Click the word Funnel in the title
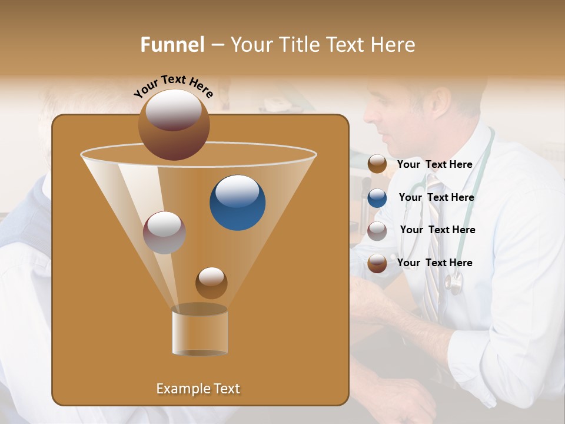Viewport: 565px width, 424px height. coord(172,45)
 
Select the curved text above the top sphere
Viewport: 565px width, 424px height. coord(174,85)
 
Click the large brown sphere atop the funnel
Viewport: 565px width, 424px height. coord(174,124)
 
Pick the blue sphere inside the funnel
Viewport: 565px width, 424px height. coord(237,202)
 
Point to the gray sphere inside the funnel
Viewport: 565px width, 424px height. coord(164,232)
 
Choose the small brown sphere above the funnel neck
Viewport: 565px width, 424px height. coord(211,283)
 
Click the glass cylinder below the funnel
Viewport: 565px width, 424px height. coord(200,330)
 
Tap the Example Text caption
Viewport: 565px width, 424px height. coord(198,389)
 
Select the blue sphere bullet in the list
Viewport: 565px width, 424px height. coord(377,198)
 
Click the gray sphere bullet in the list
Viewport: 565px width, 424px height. coord(377,231)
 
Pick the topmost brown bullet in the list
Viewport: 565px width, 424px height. coord(377,164)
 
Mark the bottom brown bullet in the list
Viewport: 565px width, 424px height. coord(377,263)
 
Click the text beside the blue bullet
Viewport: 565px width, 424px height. coord(436,197)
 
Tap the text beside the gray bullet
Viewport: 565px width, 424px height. coord(437,230)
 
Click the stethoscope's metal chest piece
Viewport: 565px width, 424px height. coord(454,284)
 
